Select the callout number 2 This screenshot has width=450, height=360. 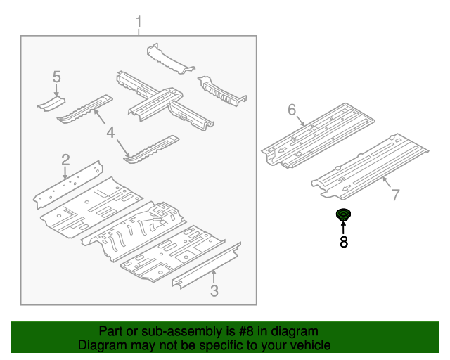click(65, 159)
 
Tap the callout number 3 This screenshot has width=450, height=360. click(214, 291)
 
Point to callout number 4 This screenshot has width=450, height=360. click(110, 132)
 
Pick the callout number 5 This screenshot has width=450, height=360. click(57, 77)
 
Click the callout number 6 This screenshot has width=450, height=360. click(292, 109)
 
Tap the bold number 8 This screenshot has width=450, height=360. click(344, 243)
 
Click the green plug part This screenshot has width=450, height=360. click(344, 215)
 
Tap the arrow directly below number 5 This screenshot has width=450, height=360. click(57, 89)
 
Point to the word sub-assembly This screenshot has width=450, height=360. click(169, 331)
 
